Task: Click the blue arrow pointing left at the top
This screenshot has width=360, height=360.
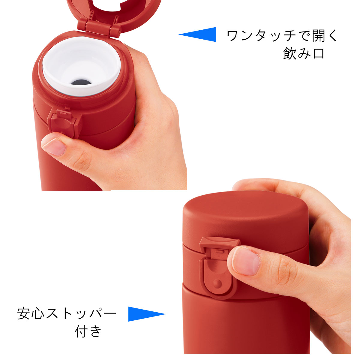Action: point(201,34)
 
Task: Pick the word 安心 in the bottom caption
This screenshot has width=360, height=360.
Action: point(31,313)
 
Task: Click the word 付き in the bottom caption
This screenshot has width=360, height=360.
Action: point(88,331)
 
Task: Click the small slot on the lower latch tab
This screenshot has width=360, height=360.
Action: point(220,251)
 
